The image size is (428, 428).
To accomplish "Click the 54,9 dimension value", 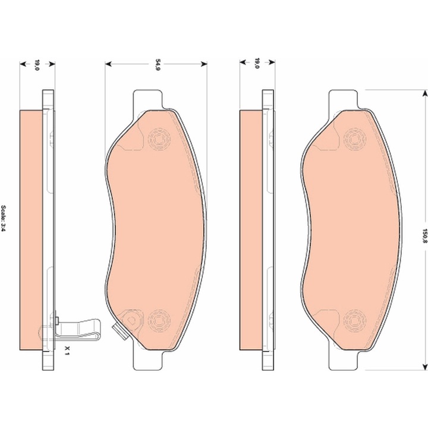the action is point(158,64).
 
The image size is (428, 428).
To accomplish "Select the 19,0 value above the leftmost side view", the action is point(37,65).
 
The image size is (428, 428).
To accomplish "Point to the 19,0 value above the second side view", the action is point(257,63).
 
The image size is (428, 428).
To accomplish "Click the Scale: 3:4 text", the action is point(4,219).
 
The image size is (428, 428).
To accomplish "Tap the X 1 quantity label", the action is point(67,350).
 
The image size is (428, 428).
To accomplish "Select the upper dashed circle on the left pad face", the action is point(159,139).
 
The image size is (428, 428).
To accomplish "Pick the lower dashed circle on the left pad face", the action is point(159,321).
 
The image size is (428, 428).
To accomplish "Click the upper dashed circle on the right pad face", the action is point(354,139).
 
